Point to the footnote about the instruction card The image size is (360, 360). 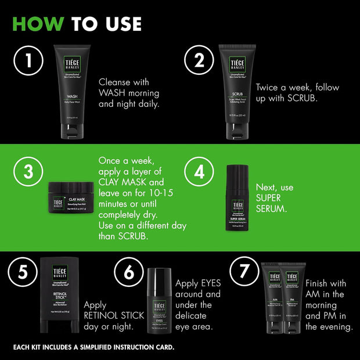(93, 347)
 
